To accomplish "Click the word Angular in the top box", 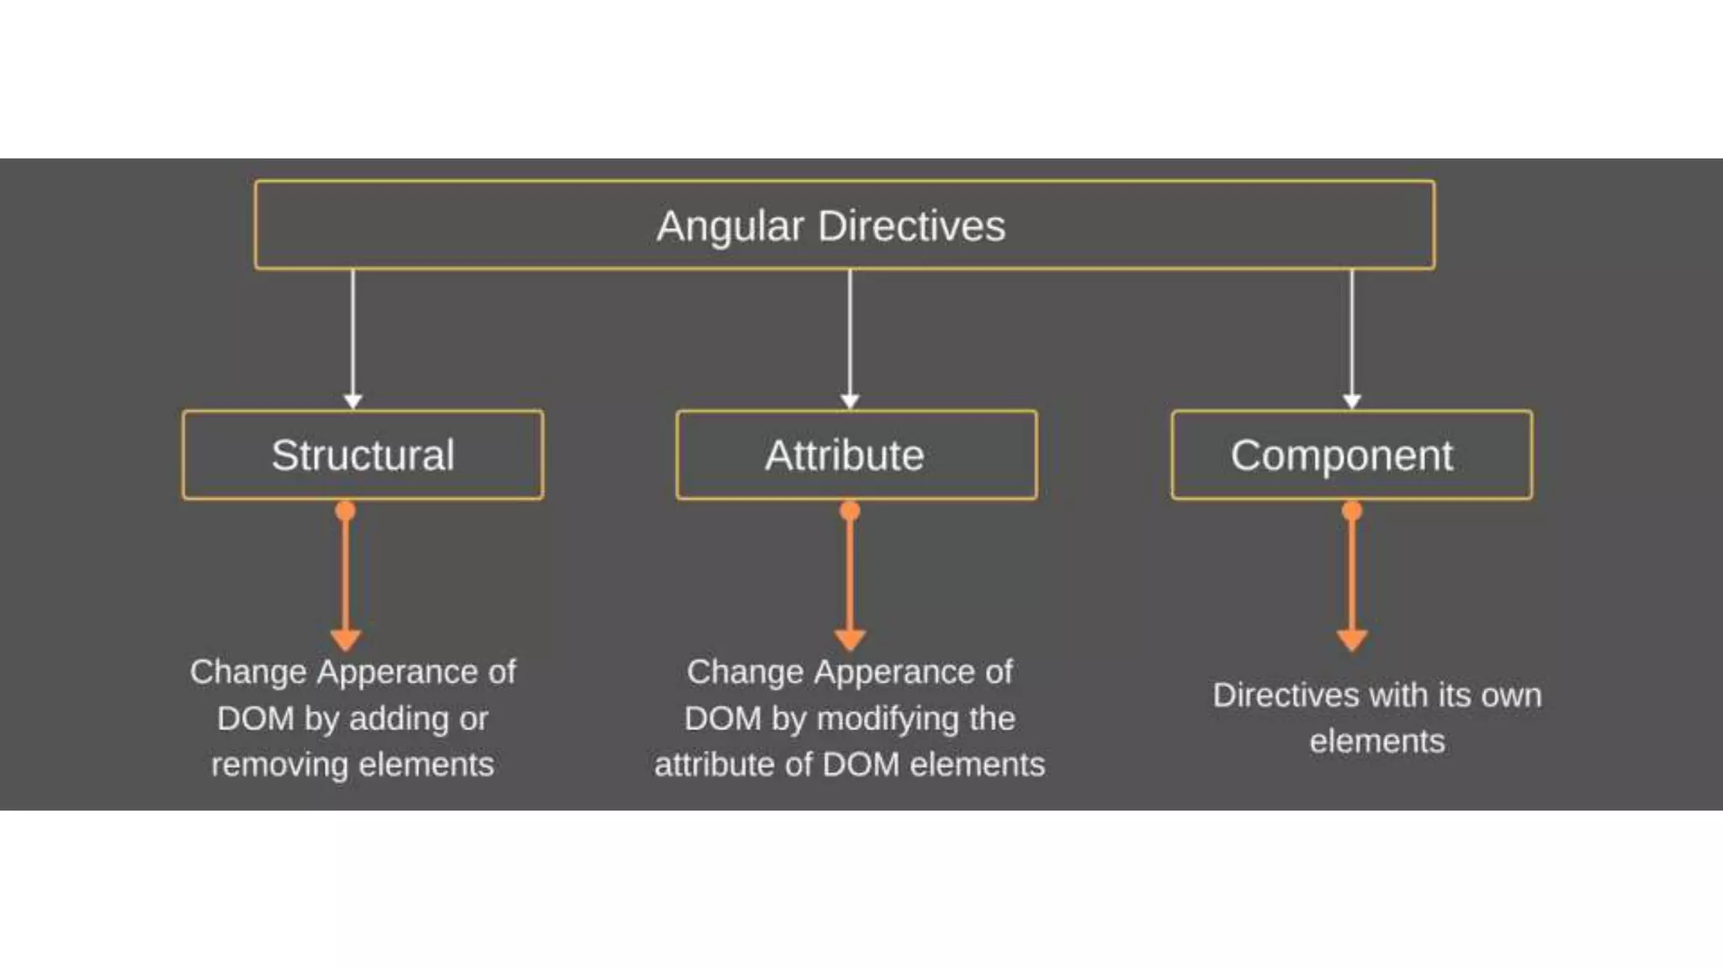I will pyautogui.click(x=729, y=226).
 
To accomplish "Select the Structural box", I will pyautogui.click(x=363, y=455).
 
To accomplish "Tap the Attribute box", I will pyautogui.click(x=856, y=455).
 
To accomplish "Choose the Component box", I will pyautogui.click(x=1351, y=455).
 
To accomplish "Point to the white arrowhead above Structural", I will pyautogui.click(x=353, y=401).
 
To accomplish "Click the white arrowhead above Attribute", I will pyautogui.click(x=850, y=401).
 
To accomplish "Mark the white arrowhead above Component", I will pyautogui.click(x=1352, y=401).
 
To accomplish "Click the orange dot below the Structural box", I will pyautogui.click(x=346, y=511).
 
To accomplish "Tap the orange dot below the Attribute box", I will pyautogui.click(x=850, y=511).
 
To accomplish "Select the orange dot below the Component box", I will pyautogui.click(x=1352, y=511).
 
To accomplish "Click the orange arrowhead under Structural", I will pyautogui.click(x=346, y=639).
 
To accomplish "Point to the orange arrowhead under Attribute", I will pyautogui.click(x=850, y=639).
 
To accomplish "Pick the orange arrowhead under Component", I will pyautogui.click(x=1352, y=639).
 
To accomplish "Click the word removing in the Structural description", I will pyautogui.click(x=279, y=765).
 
